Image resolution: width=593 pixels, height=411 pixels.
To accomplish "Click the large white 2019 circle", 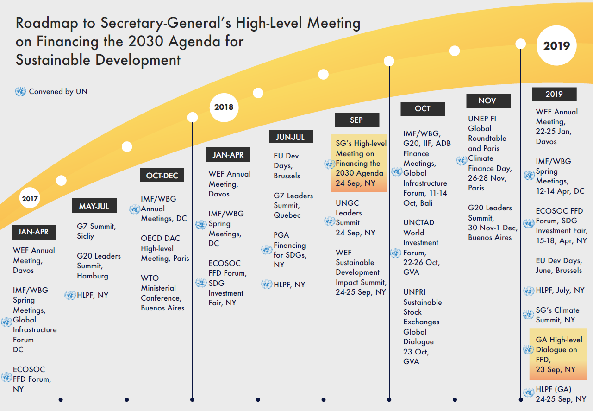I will pos(556,45).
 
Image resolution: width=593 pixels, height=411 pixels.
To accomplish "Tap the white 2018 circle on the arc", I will pos(224,107).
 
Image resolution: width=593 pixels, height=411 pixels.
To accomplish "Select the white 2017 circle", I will pos(30,199).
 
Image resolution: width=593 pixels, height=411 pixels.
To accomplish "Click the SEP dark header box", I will pos(356,120).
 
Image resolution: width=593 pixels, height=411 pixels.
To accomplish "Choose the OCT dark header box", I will pos(422,109).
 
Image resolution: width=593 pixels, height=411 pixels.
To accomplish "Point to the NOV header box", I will pos(487,101).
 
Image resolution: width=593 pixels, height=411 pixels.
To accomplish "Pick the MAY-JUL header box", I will pos(94,206).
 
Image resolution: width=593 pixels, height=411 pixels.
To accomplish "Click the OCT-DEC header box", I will pos(162,176).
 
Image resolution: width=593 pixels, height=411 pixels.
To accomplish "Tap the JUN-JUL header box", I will pos(290,137).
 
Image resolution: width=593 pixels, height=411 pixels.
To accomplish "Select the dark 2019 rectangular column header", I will pos(554,94).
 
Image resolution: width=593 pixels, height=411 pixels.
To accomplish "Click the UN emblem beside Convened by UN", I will pos(20,92).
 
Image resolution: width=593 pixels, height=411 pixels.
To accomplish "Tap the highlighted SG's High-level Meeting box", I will pos(359,163).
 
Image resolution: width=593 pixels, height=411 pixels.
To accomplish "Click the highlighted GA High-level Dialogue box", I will pos(558,354).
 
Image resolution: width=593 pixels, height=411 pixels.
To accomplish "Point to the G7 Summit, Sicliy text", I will pos(96,231).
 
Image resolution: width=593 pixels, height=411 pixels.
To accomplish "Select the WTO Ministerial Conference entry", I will pos(162,293).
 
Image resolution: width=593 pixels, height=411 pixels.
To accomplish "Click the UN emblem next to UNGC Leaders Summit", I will pos(330,221).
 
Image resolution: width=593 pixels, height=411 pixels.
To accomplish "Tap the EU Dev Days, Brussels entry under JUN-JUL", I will pos(287,166).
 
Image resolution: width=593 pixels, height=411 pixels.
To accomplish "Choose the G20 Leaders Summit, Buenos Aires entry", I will pos(490,222).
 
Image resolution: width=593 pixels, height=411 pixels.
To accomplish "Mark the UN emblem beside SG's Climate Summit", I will pos(528,315).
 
